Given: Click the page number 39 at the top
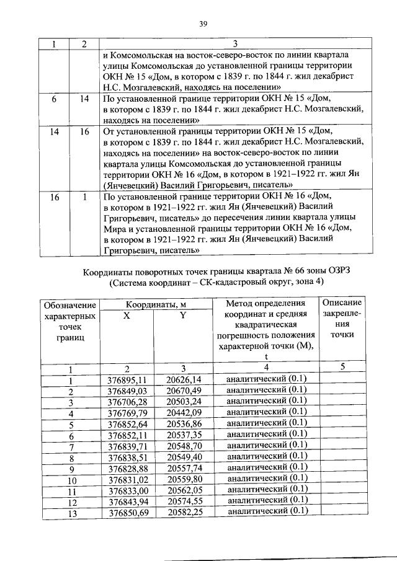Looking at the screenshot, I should [x=202, y=24].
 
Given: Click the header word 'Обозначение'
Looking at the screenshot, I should [x=70, y=304].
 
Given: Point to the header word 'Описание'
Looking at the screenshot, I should [x=342, y=302].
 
